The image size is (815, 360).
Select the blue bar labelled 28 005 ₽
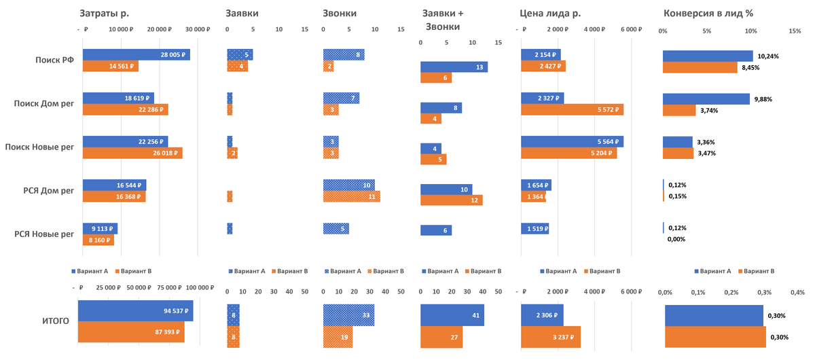tap(136, 55)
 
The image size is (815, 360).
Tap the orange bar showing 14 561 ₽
tap(110, 67)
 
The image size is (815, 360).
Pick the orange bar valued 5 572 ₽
tap(572, 109)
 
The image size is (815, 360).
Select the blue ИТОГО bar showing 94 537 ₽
tap(136, 311)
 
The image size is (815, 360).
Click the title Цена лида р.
tap(549, 13)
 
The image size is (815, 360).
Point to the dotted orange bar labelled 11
tap(351, 196)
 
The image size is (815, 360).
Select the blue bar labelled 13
tap(454, 67)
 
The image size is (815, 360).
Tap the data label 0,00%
tap(676, 239)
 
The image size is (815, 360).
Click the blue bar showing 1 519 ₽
tap(535, 229)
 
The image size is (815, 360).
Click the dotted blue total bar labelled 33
tap(348, 315)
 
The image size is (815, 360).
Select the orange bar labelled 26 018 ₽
tap(132, 153)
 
